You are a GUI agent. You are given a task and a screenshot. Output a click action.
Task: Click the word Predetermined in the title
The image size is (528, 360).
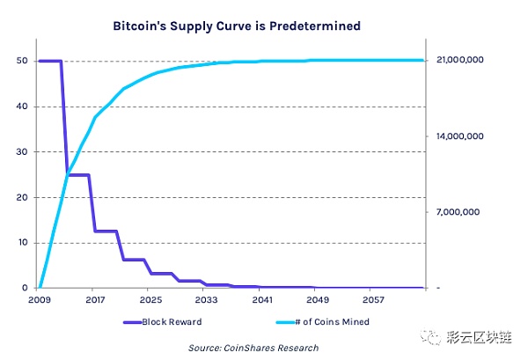[x=313, y=27]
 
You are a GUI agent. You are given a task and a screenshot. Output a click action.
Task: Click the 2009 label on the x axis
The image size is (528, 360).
[x=40, y=300]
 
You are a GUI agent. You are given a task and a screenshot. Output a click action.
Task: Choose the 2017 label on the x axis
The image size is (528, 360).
[x=95, y=300]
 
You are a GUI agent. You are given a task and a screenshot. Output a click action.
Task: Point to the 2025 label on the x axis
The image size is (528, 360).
[x=150, y=300]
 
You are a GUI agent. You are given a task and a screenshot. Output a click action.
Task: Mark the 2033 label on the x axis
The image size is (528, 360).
[x=205, y=300]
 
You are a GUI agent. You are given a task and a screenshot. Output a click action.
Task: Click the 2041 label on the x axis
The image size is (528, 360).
[x=260, y=300]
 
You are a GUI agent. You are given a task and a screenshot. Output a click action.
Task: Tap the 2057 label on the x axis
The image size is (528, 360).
[x=370, y=300]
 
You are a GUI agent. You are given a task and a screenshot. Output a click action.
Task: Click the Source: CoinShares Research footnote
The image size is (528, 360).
[x=253, y=348]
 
